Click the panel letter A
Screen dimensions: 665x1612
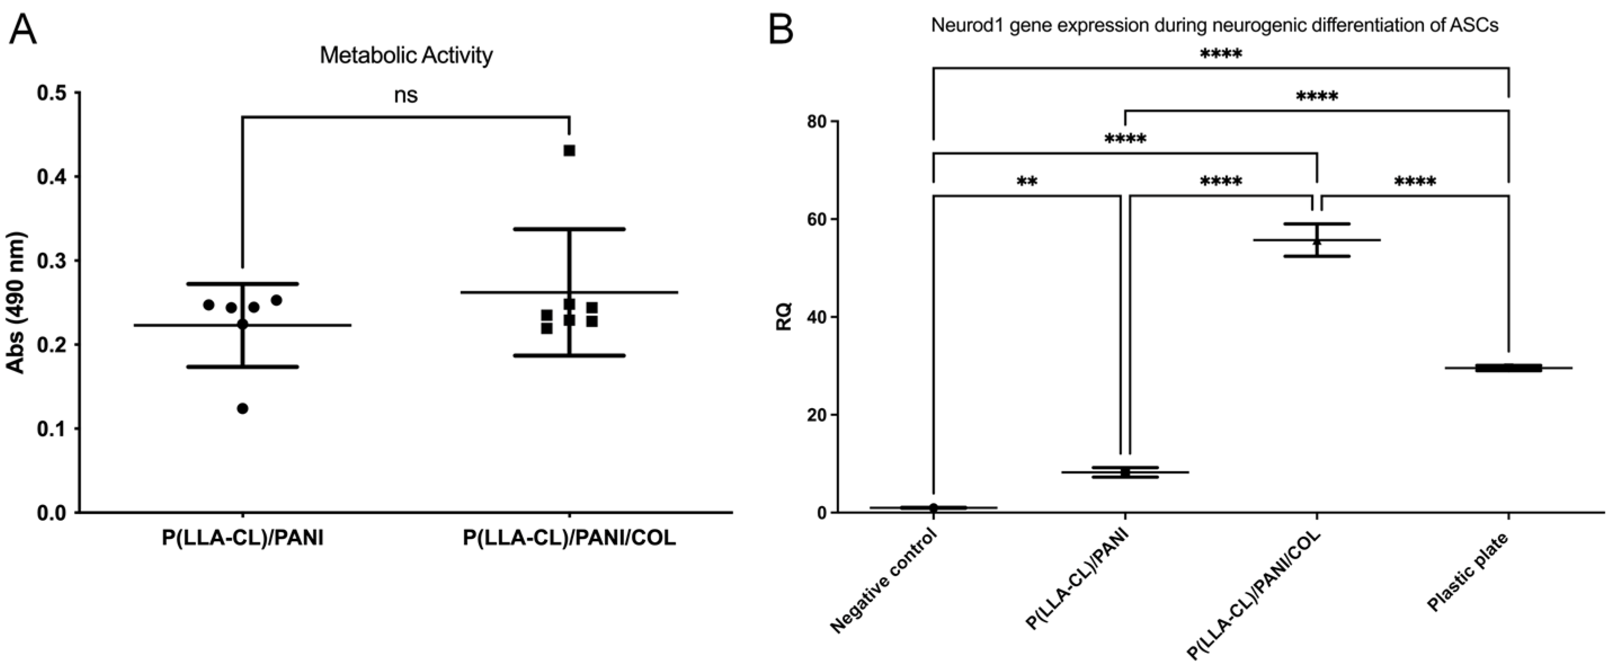pos(23,29)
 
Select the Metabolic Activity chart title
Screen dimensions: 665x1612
pos(406,56)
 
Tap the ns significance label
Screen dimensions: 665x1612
pos(406,95)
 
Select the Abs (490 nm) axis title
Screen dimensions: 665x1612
pos(17,303)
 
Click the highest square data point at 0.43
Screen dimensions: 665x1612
pos(569,151)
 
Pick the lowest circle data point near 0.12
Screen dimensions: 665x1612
pos(243,408)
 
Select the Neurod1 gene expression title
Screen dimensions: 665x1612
pos(1214,26)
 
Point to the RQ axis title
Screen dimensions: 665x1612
pos(784,316)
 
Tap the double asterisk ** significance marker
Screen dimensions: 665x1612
pos(1027,182)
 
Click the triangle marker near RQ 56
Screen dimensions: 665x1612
pos(1317,241)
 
